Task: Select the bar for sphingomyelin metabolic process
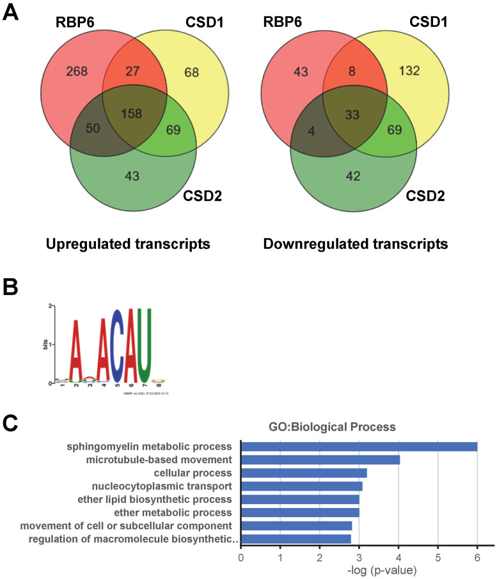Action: [x=359, y=447]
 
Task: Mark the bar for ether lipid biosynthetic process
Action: [x=300, y=499]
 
